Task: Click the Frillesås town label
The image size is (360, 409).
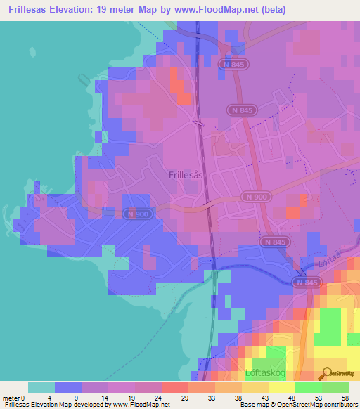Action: click(186, 176)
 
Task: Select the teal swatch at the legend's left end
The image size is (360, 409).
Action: click(41, 387)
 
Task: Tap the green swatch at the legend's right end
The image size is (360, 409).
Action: click(335, 387)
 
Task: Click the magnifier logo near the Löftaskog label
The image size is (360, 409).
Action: click(326, 372)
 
